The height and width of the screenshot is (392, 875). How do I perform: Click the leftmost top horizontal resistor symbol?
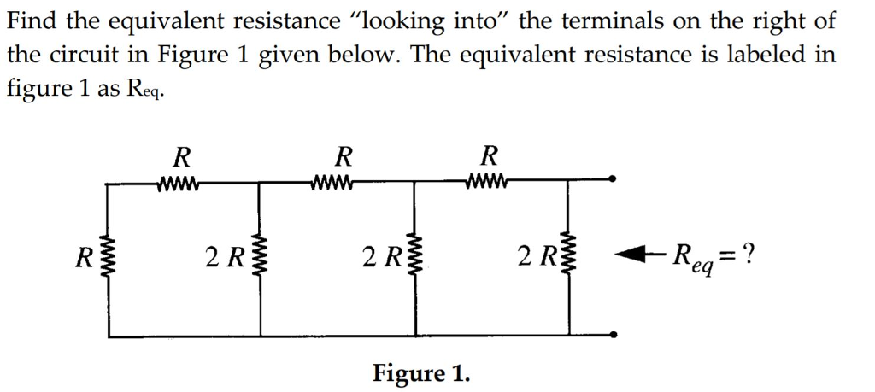tap(179, 180)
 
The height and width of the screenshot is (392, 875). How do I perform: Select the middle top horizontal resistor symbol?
tap(334, 180)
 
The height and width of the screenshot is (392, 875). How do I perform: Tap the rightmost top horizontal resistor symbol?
tap(489, 180)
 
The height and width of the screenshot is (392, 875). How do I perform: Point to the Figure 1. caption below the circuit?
tap(420, 373)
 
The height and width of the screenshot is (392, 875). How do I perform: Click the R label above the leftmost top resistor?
tap(180, 156)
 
